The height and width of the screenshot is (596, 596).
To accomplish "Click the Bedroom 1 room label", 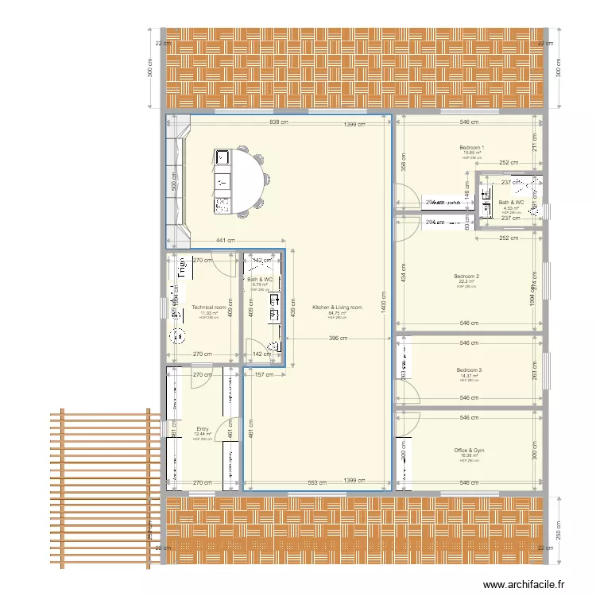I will click(471, 148).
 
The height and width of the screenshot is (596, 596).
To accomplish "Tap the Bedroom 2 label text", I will click(466, 277).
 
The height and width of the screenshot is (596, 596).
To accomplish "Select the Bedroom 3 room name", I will click(469, 370).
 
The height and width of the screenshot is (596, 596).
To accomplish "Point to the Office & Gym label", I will click(469, 451).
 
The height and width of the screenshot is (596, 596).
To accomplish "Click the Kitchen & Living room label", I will click(337, 307).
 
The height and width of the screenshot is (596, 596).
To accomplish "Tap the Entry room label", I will click(202, 429).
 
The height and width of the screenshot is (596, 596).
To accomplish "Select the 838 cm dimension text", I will click(278, 123).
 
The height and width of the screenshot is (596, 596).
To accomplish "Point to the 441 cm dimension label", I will click(226, 241).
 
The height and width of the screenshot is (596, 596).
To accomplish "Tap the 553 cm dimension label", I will click(316, 482).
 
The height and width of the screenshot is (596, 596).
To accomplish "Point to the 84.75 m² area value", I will click(337, 313).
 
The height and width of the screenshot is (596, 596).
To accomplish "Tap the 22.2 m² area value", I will click(466, 282).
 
